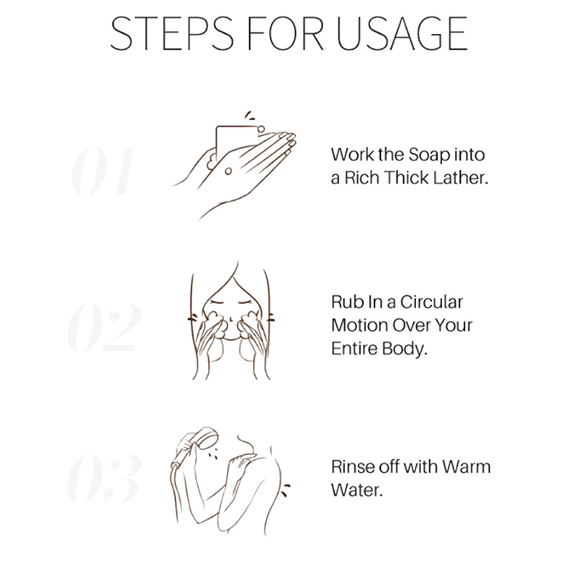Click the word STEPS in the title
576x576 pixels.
[172, 33]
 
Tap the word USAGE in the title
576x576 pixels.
[402, 33]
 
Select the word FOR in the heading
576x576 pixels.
[285, 33]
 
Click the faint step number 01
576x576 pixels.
[102, 171]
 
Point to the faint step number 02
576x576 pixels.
[104, 327]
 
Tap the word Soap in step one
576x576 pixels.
[428, 155]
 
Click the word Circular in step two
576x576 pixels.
[431, 302]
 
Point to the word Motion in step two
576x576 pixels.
[359, 325]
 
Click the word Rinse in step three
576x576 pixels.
[353, 467]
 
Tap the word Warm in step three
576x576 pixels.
[466, 467]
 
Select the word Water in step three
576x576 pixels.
[356, 490]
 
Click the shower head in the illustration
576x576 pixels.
[204, 438]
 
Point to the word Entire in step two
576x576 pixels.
[354, 349]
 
